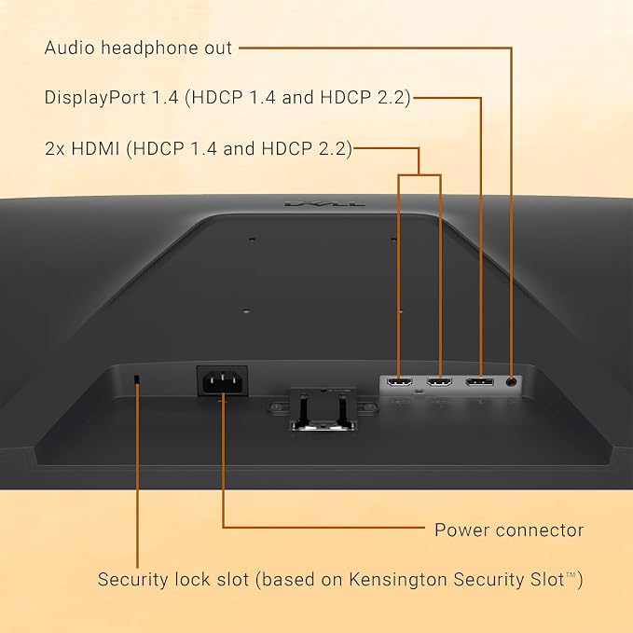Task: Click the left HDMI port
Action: coord(400,381)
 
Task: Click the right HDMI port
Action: coord(440,381)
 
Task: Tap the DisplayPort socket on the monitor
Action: coord(479,381)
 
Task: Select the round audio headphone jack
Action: coord(512,381)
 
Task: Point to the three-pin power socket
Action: coord(222,381)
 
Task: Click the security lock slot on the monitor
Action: coord(137,379)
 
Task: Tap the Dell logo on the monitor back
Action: coord(324,203)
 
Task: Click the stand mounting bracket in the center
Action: coord(323,407)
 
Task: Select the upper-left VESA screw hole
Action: coord(252,240)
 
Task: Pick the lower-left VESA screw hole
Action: coord(246,311)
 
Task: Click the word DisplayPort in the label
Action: coord(95,98)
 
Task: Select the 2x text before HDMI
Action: coord(54,149)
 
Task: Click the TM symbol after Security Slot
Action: coord(570,574)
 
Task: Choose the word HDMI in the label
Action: coord(96,148)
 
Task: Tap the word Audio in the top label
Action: coord(70,48)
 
